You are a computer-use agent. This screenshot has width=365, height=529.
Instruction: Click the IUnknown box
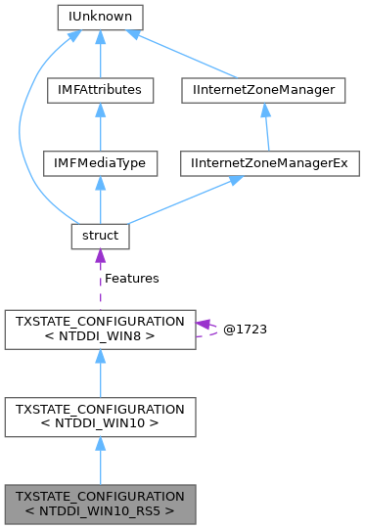click(100, 17)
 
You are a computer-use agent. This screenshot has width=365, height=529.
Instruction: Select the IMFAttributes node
click(100, 90)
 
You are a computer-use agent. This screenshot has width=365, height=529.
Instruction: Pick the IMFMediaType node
click(100, 162)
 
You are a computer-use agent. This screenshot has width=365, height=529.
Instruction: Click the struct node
click(100, 236)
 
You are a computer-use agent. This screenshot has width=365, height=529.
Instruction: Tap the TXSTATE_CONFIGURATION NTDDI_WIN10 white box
click(100, 416)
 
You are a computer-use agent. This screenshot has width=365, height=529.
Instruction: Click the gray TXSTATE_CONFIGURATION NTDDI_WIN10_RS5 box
click(100, 502)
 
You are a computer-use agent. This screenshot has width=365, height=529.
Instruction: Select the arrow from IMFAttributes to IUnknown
click(100, 54)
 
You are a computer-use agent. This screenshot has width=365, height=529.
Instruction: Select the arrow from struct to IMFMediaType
click(100, 199)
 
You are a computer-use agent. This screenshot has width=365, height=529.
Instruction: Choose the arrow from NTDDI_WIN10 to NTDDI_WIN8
click(100, 374)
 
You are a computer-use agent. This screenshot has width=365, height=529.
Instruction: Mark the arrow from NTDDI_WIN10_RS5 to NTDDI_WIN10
click(100, 460)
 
